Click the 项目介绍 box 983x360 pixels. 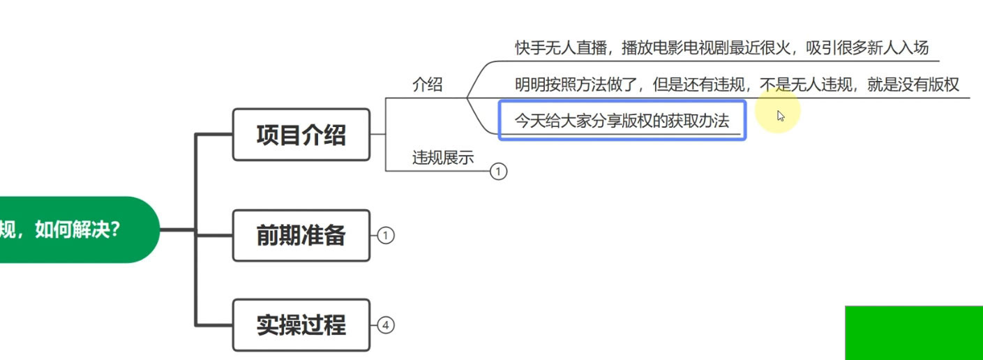coord(301,135)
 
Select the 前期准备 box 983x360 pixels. coord(301,236)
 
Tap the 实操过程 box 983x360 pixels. coord(301,325)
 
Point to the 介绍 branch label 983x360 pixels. coord(427,85)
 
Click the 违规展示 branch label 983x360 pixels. coord(442,158)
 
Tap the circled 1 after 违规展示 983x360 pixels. coord(498,171)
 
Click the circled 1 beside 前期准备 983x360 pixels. coord(386,236)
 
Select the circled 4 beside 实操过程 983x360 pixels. coord(386,325)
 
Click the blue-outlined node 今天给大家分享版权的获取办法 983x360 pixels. coord(622,121)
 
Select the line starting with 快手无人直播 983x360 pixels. coord(722,48)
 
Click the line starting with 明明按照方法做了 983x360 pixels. coord(737,85)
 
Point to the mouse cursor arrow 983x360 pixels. coord(781,115)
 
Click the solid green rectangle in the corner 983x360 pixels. coord(914,333)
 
